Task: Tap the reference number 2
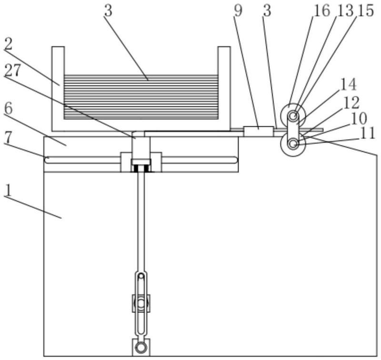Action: click(9, 44)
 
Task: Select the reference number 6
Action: click(8, 109)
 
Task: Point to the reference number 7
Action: click(8, 137)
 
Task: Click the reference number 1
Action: click(7, 190)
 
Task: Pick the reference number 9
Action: click(238, 10)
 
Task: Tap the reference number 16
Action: click(322, 10)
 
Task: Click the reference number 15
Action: click(365, 10)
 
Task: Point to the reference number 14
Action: click(348, 84)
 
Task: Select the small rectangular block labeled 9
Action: click(259, 131)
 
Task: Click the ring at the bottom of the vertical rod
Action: click(140, 347)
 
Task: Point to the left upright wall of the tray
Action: click(58, 88)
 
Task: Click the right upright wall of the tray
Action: click(224, 88)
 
